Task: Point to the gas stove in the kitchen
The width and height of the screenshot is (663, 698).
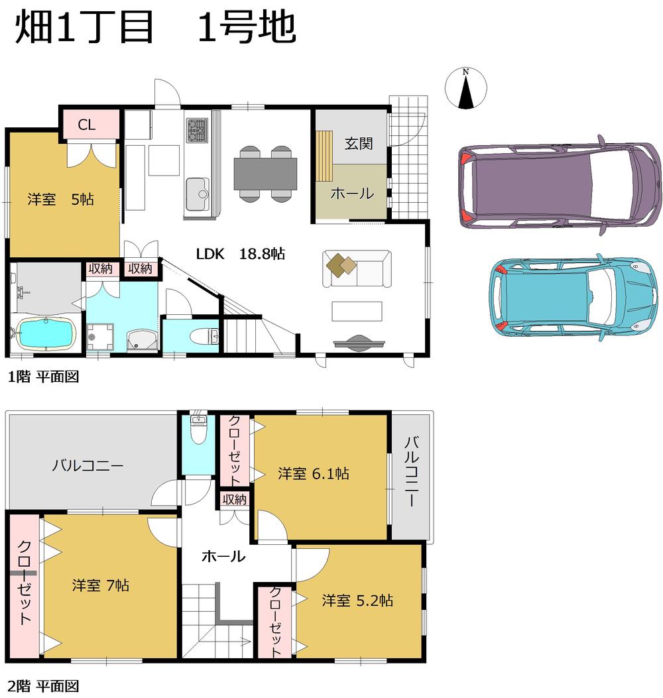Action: (x=197, y=130)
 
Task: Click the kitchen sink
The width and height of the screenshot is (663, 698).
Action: (x=198, y=191)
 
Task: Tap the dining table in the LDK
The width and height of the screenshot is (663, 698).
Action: (x=265, y=173)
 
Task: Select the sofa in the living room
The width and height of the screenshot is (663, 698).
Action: (x=357, y=268)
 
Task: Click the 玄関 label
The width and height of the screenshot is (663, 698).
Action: (x=359, y=143)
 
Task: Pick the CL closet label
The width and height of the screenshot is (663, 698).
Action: (x=87, y=124)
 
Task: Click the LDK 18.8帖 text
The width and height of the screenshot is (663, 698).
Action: (x=240, y=253)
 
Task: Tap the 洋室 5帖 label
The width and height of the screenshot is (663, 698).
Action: (x=60, y=199)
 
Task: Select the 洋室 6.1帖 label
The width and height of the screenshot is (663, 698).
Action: (x=314, y=473)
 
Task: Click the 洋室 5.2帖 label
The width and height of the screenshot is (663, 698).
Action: (x=358, y=601)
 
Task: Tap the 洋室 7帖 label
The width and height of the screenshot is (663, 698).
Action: (x=101, y=585)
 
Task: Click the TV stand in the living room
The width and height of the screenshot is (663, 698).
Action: (x=358, y=342)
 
